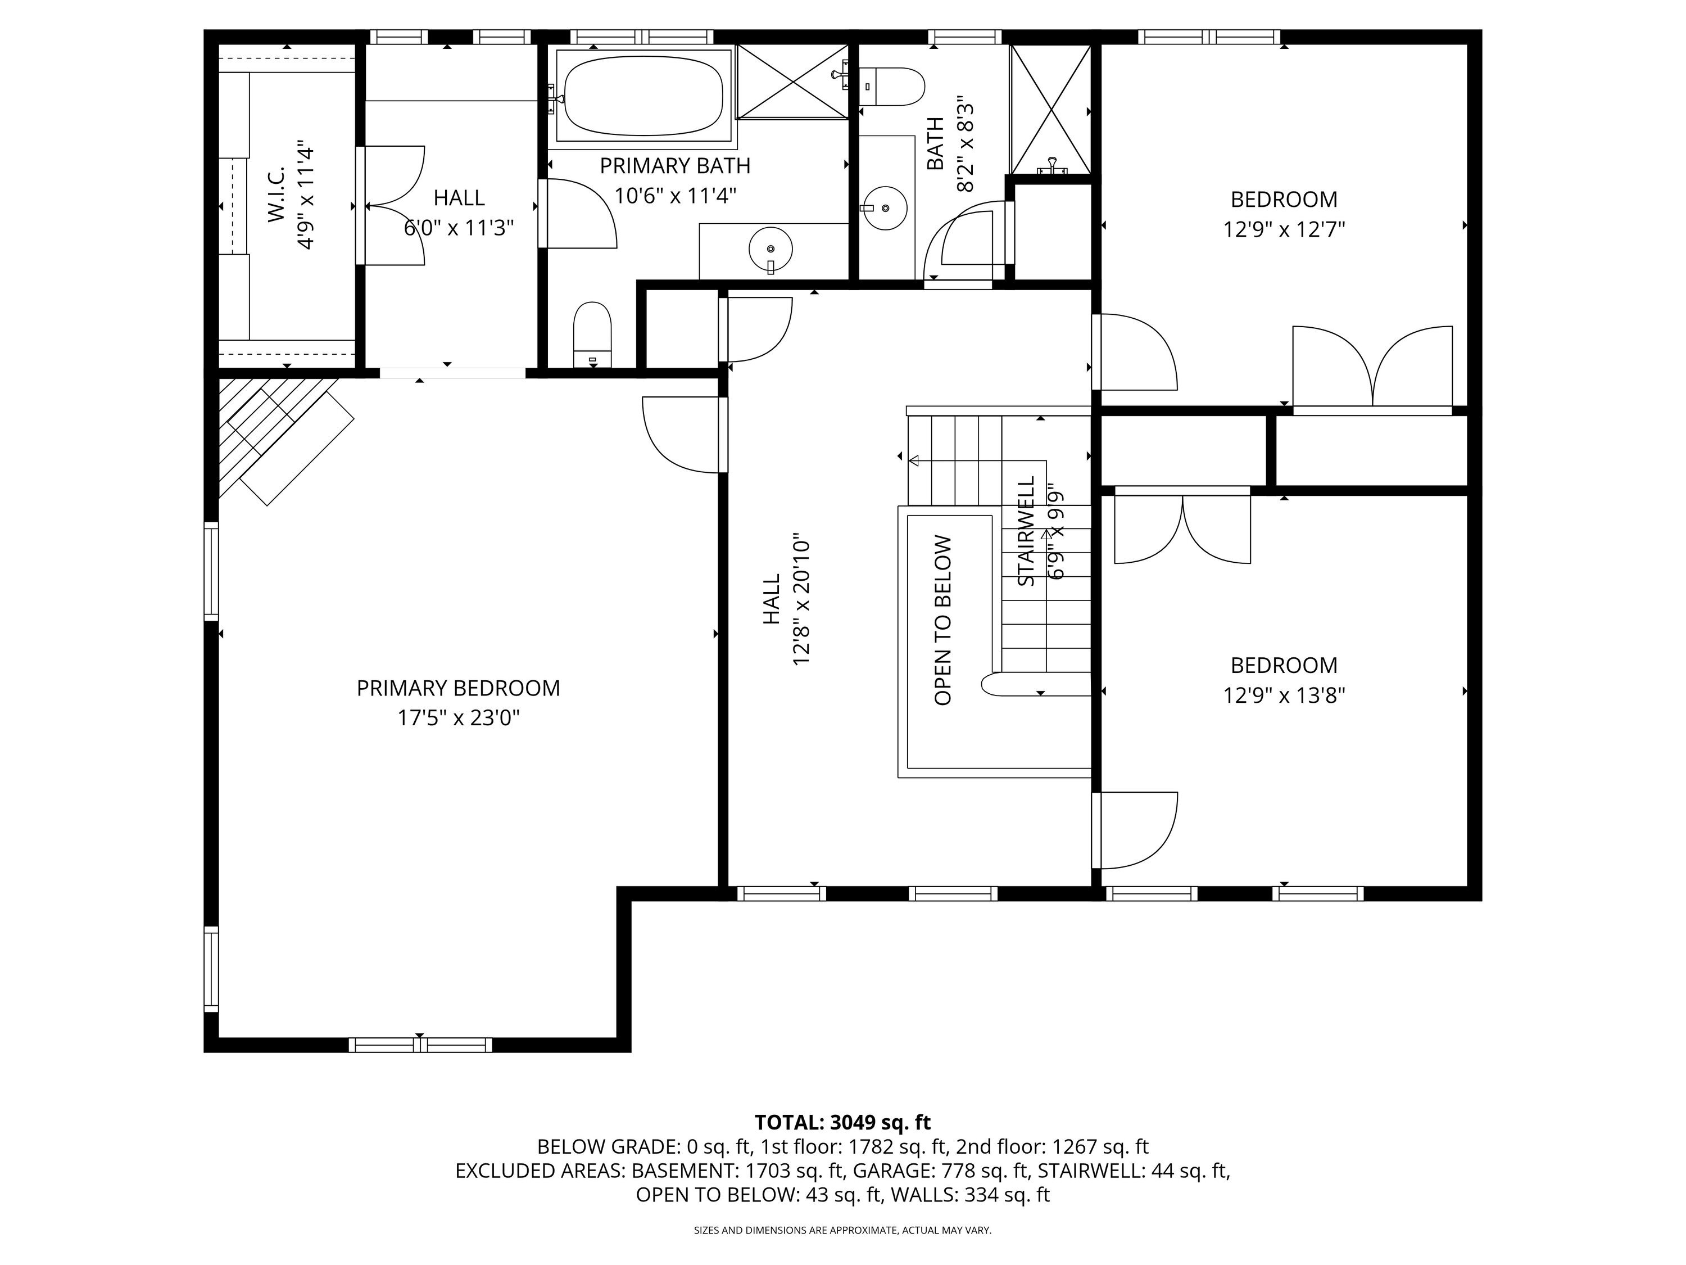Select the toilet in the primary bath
[x=592, y=336]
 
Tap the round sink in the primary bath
[x=771, y=249]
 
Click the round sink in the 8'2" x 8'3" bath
[x=885, y=207]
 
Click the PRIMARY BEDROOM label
[x=458, y=689]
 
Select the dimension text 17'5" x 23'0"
[x=458, y=719]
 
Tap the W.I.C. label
[x=276, y=195]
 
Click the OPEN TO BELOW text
[x=943, y=621]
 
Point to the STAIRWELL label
[x=1027, y=531]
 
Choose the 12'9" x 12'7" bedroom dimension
[x=1284, y=229]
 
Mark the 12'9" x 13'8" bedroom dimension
[x=1284, y=696]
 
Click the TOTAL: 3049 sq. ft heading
[x=842, y=1122]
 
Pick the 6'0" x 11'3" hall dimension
[x=459, y=228]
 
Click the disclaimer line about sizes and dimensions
[x=842, y=1230]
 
